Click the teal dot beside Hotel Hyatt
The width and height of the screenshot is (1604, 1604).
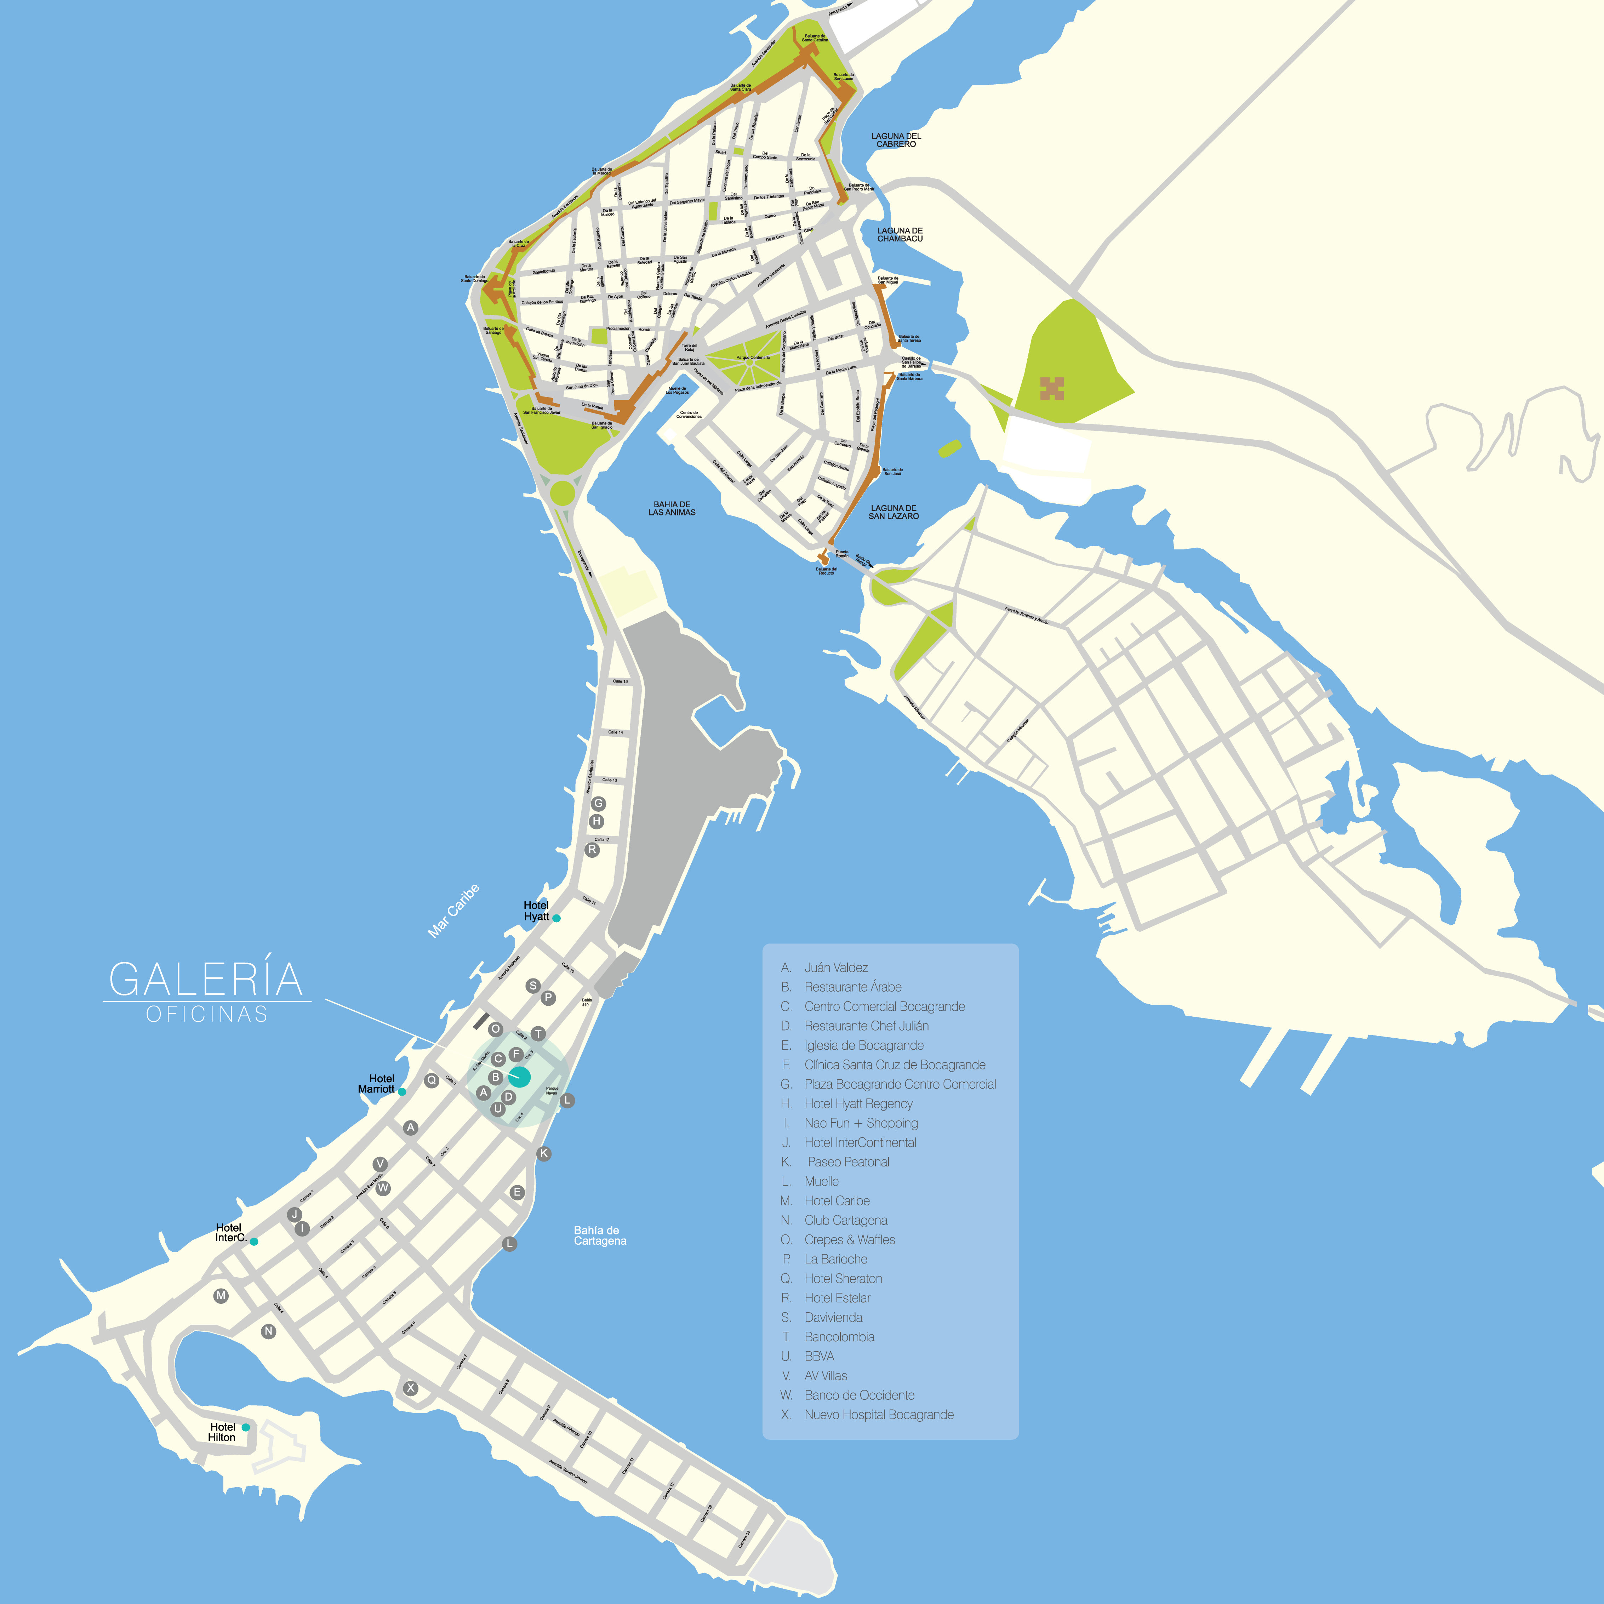(556, 918)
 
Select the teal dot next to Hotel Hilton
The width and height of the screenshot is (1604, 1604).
(246, 1427)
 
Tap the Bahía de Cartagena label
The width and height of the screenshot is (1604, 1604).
(599, 1235)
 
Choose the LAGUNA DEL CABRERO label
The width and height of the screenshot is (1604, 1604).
(896, 139)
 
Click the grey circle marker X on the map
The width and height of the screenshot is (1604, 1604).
(410, 1388)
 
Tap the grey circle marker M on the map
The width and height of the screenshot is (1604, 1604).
(221, 1295)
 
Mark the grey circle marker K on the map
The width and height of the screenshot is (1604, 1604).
(544, 1153)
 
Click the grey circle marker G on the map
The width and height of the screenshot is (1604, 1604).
(598, 804)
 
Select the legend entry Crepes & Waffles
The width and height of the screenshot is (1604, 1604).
(849, 1239)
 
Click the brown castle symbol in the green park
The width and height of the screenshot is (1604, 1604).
(1052, 388)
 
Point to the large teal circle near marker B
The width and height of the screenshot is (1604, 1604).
(520, 1078)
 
